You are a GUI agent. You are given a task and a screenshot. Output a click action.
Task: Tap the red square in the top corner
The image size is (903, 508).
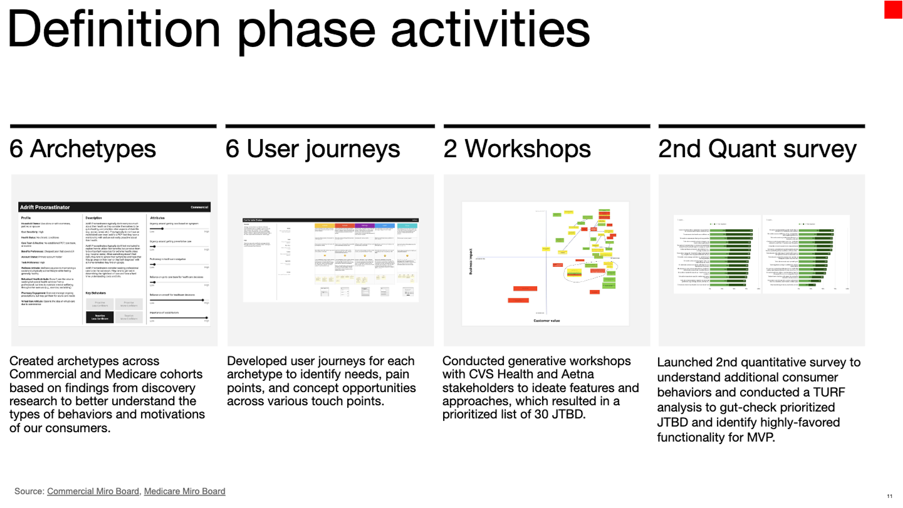coord(893,9)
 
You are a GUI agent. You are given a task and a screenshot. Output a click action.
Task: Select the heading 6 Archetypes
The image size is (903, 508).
coord(83,149)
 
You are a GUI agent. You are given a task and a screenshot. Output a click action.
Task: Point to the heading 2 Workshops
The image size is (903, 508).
coord(517,149)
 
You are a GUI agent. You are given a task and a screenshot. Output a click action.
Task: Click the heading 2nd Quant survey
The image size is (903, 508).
coord(757,149)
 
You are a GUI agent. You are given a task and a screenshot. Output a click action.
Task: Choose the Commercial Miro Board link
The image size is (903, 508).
coord(93,491)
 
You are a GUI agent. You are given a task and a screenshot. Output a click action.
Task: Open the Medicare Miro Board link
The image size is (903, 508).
coord(184,491)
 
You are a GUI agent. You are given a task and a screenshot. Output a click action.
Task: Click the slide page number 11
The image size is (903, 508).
coord(890,495)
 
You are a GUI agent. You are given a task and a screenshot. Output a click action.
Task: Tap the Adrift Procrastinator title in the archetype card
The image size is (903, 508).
coord(44,207)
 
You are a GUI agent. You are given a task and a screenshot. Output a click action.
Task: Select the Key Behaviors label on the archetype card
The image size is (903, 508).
coord(98,293)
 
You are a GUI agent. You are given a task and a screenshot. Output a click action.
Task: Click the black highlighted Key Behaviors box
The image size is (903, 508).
coord(100,317)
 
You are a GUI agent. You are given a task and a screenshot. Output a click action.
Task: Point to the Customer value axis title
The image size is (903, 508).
coord(546,320)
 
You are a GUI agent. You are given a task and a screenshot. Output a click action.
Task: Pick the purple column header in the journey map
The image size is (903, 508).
coord(363,225)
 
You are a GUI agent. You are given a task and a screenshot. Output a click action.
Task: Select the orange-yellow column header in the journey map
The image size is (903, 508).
coord(324,225)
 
